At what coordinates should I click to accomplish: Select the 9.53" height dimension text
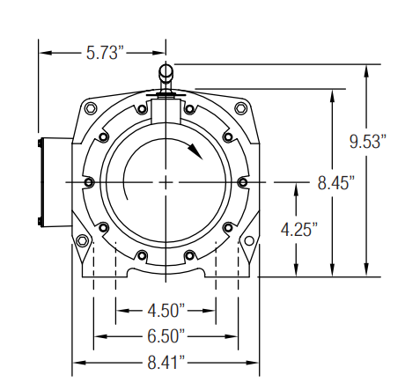point(368,142)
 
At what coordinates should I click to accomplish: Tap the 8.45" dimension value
point(335,183)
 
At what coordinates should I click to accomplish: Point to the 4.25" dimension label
point(299,229)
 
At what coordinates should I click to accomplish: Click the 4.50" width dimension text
point(166,311)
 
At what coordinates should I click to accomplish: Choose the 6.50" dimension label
point(166,336)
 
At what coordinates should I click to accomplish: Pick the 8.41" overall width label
point(166,363)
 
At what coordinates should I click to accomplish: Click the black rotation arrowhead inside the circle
point(195,151)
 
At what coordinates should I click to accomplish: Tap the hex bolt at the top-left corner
point(91,108)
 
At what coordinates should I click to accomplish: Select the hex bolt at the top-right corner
point(241,108)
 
